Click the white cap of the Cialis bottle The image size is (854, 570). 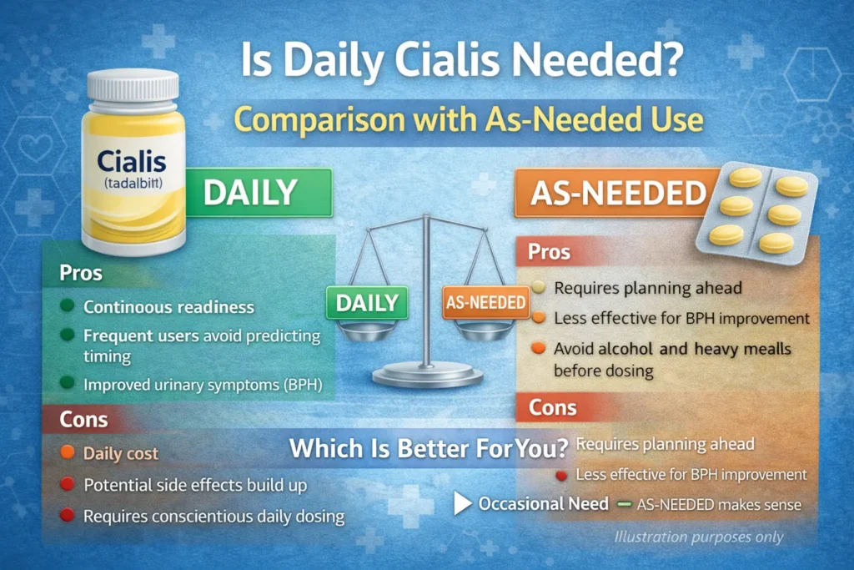point(133,87)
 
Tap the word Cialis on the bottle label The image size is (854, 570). point(132,160)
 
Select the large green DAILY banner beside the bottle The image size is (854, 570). point(250,192)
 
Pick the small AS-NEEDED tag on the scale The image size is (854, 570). point(485,302)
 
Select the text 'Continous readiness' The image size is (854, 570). point(168,307)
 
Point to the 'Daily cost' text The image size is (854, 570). point(121,454)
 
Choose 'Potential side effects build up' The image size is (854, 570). point(195,485)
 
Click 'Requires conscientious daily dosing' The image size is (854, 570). point(213,517)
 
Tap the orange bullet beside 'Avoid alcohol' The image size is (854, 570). point(538,348)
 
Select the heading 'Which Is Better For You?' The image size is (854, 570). point(429,448)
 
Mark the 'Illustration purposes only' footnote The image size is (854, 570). point(699,537)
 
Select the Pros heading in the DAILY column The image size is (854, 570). point(82,273)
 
